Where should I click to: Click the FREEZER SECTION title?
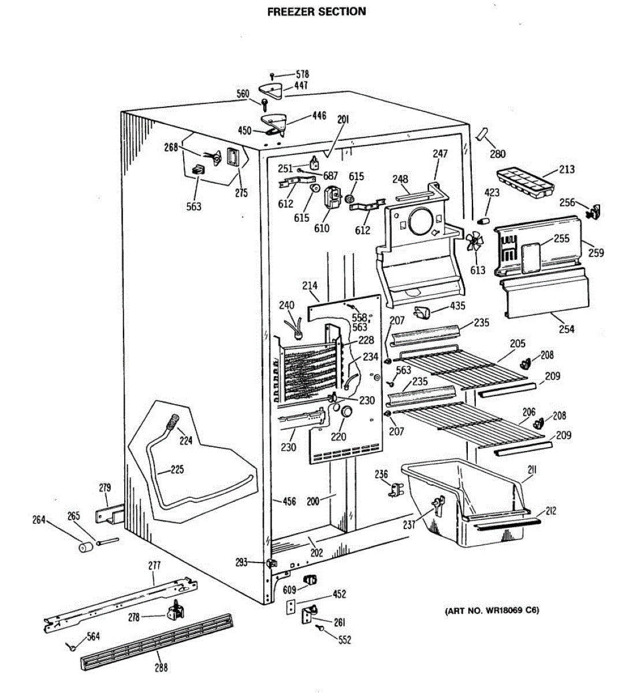[x=316, y=12]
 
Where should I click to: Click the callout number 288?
[x=161, y=667]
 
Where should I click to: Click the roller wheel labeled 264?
[x=87, y=546]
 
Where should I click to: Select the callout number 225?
[x=177, y=469]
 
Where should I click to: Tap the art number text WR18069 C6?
[x=492, y=610]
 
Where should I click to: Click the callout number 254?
[x=567, y=329]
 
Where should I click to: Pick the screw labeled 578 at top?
[x=273, y=75]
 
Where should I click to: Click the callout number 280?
[x=497, y=154]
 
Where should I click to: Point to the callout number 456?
[x=289, y=501]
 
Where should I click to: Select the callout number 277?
[x=154, y=565]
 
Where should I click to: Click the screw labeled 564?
[x=72, y=647]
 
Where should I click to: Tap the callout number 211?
[x=532, y=470]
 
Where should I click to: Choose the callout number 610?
[x=322, y=228]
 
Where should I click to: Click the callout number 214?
[x=310, y=285]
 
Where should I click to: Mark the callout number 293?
[x=241, y=562]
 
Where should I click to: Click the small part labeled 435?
[x=422, y=312]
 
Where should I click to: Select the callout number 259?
[x=596, y=252]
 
